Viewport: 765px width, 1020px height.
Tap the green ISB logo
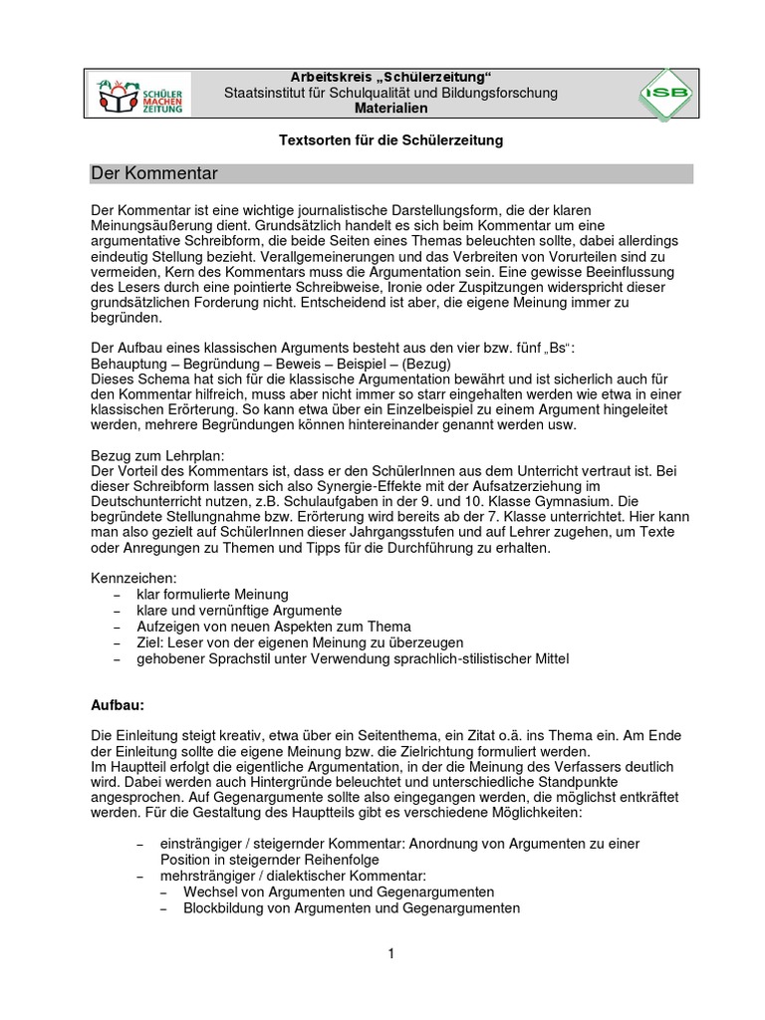(x=665, y=96)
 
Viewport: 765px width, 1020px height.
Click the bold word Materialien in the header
(x=390, y=108)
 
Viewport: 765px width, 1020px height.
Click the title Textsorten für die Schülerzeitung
(x=390, y=141)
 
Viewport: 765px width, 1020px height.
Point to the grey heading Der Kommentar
(x=154, y=174)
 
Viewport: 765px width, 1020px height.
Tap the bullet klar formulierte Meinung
(x=212, y=594)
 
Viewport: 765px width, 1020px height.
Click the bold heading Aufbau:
(x=118, y=705)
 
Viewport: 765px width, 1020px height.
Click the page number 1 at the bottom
(x=392, y=953)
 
